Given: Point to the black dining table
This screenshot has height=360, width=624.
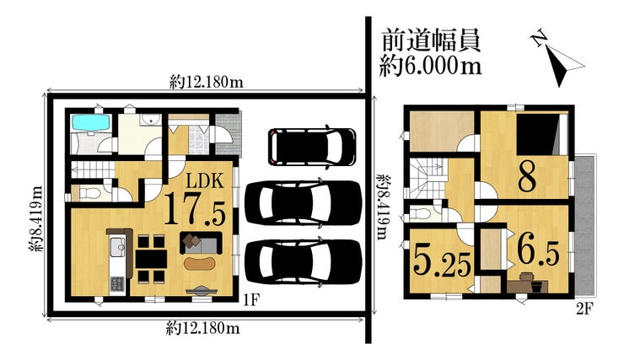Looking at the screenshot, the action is click(x=151, y=259).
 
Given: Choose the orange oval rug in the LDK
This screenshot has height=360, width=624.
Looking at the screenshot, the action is click(x=200, y=263).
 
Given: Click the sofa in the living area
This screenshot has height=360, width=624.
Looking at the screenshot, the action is click(x=201, y=243).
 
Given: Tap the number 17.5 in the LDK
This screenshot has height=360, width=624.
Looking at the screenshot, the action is click(x=195, y=209).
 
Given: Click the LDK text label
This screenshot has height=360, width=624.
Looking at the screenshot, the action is click(x=206, y=181).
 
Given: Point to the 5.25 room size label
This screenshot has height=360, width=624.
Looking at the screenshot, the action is click(x=443, y=261).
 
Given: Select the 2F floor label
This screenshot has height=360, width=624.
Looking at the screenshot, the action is click(x=584, y=309).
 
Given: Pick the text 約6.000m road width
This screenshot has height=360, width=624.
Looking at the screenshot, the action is click(x=430, y=66).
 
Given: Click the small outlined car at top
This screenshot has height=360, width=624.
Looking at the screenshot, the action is click(x=312, y=147).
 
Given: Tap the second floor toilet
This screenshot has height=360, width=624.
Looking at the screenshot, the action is click(x=421, y=213).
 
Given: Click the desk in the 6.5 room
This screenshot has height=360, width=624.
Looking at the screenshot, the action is click(x=528, y=286).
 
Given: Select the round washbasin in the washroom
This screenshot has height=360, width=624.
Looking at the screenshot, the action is click(x=150, y=120).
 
